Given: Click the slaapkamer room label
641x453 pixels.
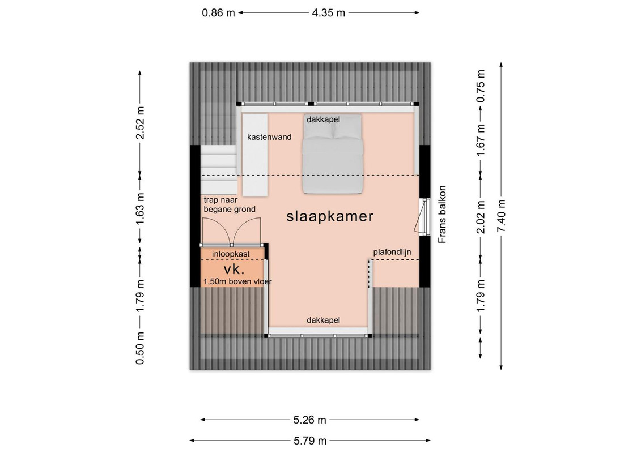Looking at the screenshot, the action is (330, 216).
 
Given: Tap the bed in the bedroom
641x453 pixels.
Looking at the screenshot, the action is (333, 153).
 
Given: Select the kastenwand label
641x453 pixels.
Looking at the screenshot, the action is (269, 137).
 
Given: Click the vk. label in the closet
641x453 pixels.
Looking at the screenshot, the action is (234, 269).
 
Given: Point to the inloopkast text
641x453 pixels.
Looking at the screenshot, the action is (231, 254).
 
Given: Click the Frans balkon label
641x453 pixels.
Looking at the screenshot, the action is (442, 215).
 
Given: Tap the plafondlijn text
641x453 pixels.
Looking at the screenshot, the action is (392, 252).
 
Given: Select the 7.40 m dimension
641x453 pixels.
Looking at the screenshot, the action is (502, 215).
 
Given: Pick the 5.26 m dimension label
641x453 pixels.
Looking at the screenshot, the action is (310, 420).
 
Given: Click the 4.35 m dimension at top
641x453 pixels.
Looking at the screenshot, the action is (329, 13).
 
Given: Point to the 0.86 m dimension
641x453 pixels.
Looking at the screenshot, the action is (219, 13).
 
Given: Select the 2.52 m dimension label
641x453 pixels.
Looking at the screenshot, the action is (141, 122).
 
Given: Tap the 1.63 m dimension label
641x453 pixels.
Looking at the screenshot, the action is (141, 208).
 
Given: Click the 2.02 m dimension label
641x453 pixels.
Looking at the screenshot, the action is (481, 216).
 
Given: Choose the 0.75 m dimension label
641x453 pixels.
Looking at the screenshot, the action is (481, 86).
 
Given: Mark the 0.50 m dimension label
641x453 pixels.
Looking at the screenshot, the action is (141, 348).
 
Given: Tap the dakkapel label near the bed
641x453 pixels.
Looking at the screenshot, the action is (324, 119).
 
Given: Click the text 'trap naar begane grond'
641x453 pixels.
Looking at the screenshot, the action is (230, 204).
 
